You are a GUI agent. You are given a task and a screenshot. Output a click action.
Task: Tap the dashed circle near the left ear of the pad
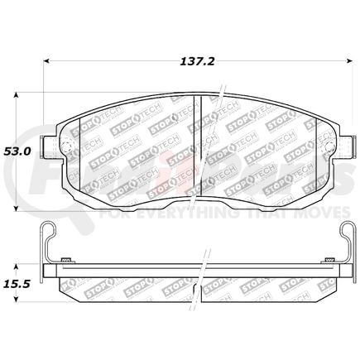(x=70, y=151)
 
